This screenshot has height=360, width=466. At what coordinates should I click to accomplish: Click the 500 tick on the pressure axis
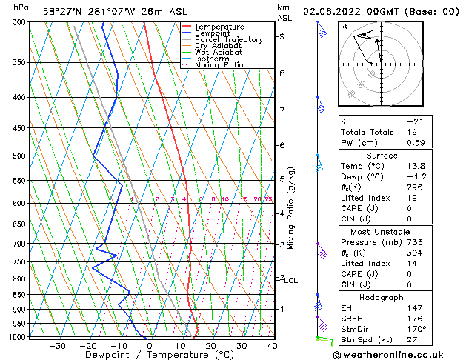tap(19, 156)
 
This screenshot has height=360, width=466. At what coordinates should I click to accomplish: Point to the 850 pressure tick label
tap(19, 295)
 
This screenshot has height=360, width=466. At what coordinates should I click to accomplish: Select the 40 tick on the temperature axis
tap(272, 345)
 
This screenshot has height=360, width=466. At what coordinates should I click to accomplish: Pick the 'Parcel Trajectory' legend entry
tap(228, 39)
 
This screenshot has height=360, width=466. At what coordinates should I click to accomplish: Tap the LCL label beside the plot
tap(290, 281)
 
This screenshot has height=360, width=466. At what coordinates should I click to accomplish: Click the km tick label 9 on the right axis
tap(282, 36)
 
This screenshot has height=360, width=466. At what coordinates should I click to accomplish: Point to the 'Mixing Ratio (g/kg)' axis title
tap(290, 208)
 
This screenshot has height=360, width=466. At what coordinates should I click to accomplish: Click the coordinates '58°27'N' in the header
tap(62, 12)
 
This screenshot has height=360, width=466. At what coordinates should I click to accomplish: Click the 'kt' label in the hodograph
tap(344, 27)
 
